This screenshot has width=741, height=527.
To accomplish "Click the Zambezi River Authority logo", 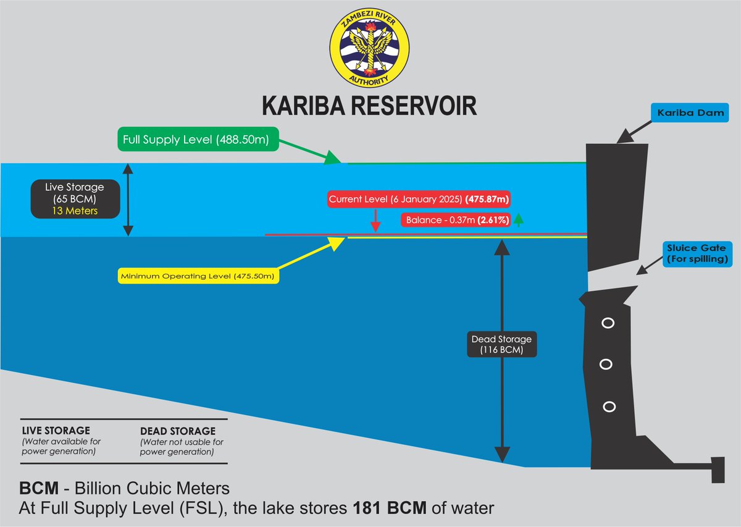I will tap(370, 50).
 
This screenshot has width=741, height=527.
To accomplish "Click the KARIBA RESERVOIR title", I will tap(370, 105).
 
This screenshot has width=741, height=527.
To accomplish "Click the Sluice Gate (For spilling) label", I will tap(697, 254).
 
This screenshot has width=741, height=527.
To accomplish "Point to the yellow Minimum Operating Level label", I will tap(199, 276).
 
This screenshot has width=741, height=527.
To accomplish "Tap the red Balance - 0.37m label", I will tap(456, 220).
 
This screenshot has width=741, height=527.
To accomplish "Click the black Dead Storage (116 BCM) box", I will tap(501, 345).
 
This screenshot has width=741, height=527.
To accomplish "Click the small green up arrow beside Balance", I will tap(519, 219).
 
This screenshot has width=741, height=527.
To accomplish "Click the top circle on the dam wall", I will tap(608, 323).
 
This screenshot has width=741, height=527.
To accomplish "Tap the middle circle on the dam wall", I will tap(606, 365).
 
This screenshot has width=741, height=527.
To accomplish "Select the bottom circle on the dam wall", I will tap(609, 406).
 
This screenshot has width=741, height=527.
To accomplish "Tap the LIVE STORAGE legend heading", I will tap(56, 431).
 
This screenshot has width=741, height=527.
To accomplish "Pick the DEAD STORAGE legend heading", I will tap(178, 431).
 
